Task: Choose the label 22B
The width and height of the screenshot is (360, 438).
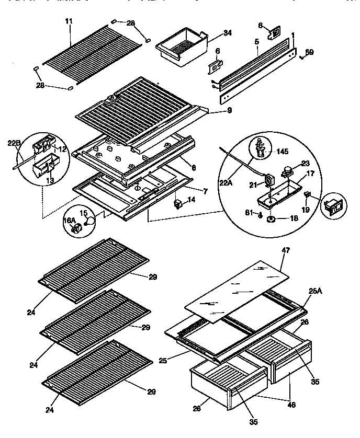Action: coord(14,143)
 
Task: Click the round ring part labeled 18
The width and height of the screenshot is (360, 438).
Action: coord(272,219)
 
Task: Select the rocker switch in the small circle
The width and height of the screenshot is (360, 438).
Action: coord(333,208)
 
